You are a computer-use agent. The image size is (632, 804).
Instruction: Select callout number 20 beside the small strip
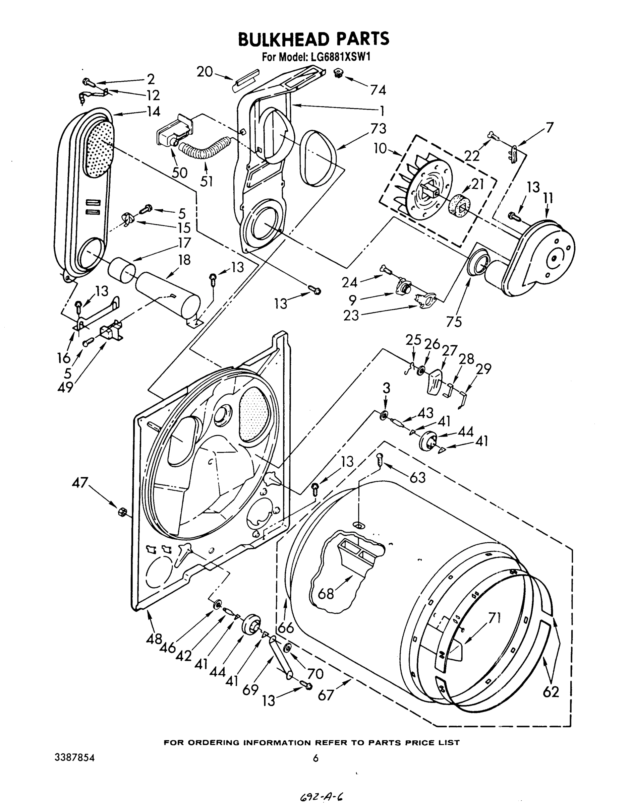(x=205, y=72)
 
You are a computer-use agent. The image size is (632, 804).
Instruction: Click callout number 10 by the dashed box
(x=380, y=149)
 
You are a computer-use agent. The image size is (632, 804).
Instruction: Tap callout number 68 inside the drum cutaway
(x=326, y=594)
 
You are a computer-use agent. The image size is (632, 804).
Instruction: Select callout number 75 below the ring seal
(x=454, y=322)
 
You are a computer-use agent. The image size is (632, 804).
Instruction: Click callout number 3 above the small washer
(x=386, y=388)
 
